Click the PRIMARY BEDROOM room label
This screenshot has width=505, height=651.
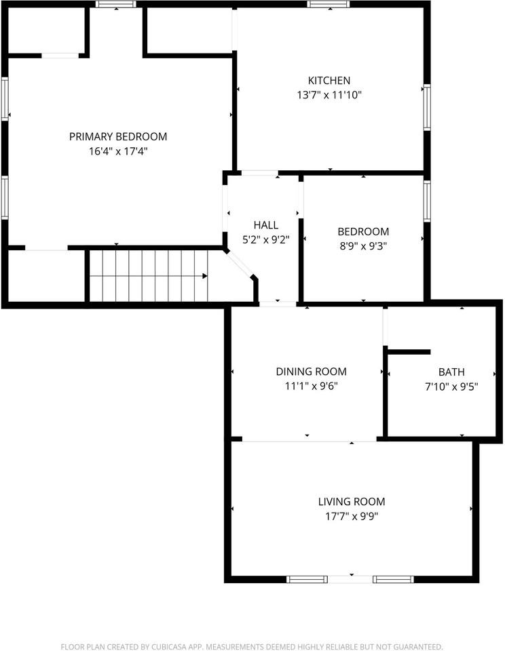click(x=118, y=136)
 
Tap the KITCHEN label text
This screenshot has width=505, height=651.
click(x=329, y=80)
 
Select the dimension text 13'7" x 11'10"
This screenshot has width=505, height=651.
click(x=329, y=96)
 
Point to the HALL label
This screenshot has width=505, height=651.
click(x=266, y=224)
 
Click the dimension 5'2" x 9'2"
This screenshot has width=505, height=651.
click(x=266, y=239)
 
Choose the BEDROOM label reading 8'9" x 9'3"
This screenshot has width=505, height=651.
click(x=363, y=231)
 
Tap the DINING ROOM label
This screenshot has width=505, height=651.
click(x=311, y=371)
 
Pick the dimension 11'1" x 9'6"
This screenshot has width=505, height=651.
click(x=311, y=386)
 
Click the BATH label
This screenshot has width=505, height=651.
click(x=451, y=372)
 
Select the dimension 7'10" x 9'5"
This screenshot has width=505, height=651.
click(x=451, y=387)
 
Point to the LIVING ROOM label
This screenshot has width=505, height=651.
click(x=352, y=502)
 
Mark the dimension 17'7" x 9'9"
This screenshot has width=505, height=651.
click(x=352, y=516)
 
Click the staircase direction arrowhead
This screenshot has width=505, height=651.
click(x=204, y=276)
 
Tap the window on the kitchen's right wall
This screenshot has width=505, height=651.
click(x=427, y=107)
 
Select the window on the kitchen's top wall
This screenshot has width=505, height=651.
click(x=329, y=4)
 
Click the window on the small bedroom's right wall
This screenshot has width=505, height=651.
click(x=427, y=201)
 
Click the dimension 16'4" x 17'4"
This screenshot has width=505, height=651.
click(x=118, y=151)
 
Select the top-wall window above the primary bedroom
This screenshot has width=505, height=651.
click(x=115, y=4)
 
